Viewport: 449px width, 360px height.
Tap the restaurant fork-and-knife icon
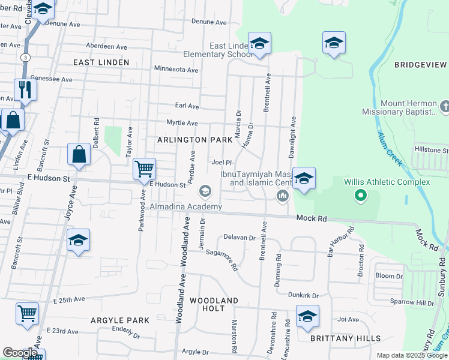(x=25, y=90)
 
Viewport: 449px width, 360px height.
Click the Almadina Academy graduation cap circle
(x=205, y=191)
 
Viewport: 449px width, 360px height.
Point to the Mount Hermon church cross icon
(x=444, y=107)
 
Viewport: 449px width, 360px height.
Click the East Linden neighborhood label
(x=101, y=62)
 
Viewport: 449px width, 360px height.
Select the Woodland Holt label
(x=214, y=304)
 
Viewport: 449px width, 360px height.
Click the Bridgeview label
(x=420, y=64)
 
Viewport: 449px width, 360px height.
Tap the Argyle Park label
(x=115, y=320)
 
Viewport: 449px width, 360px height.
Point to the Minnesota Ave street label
(x=176, y=70)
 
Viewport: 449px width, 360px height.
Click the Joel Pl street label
(x=221, y=162)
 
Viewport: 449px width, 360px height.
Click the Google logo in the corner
(x=20, y=353)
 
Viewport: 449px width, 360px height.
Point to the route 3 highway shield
(x=25, y=57)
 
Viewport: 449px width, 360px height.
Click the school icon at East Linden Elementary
(x=259, y=43)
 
